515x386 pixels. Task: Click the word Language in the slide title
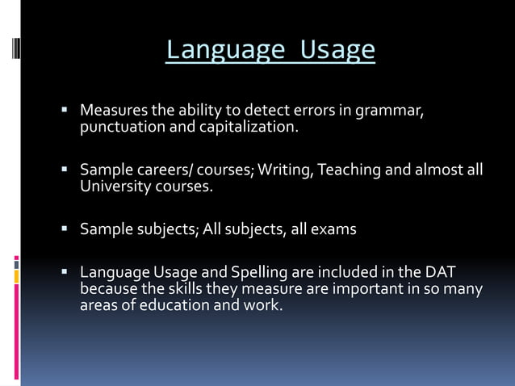point(225,50)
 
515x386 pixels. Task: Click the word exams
point(333,229)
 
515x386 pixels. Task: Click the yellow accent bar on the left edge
point(16,276)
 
